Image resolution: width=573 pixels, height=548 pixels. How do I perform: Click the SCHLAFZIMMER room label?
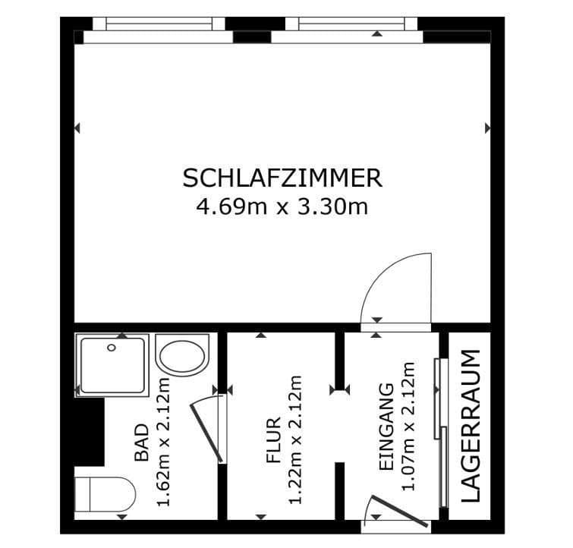pos(282,178)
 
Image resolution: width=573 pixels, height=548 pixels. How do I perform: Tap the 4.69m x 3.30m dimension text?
pos(282,206)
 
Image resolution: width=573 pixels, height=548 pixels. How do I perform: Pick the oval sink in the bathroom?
pos(181,355)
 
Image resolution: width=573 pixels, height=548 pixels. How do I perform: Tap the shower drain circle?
pos(112,348)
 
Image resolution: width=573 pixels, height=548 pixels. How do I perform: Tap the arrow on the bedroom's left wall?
pos(77,129)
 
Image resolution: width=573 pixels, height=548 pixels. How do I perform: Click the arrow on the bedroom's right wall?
pos(488,129)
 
